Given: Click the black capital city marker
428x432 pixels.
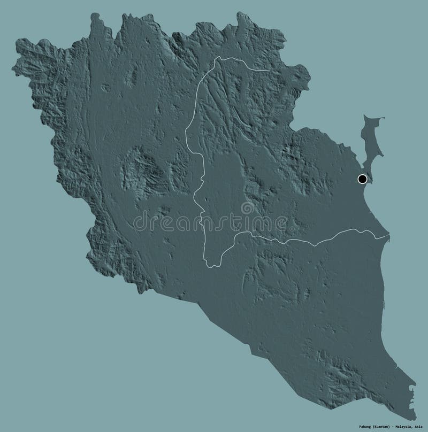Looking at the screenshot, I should click(x=362, y=179).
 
